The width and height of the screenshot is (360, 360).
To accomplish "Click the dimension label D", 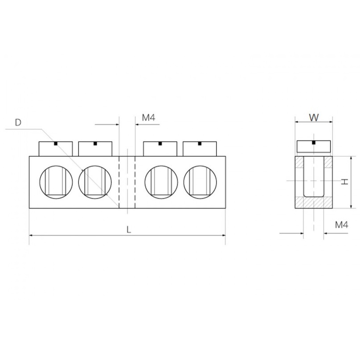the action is [18, 123].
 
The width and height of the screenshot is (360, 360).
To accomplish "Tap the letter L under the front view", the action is [129, 229].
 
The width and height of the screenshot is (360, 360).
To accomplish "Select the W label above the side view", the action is [314, 118].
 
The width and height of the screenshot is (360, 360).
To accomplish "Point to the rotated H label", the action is [344, 182].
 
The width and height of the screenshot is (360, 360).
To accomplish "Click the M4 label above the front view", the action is [148, 118].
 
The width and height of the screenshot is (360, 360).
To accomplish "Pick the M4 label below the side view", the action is [342, 225].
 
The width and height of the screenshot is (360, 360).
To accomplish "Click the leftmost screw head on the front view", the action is [56, 149].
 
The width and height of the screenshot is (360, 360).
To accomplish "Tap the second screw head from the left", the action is [95, 149].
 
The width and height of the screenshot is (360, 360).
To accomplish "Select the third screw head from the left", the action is [160, 149].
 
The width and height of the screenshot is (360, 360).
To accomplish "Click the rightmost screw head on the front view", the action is [200, 149].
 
